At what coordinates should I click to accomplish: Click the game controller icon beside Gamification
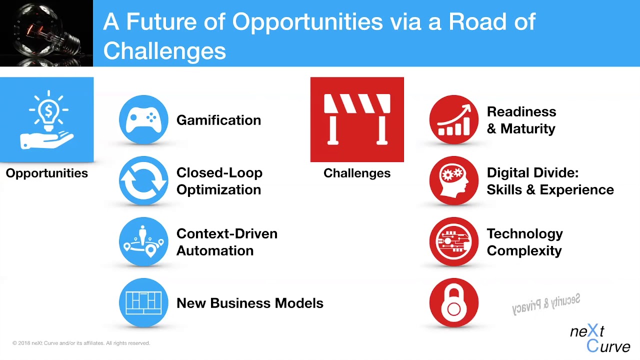pos(143,120)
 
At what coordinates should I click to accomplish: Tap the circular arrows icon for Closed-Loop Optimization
pos(143,181)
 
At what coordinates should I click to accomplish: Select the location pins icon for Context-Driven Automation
pos(143,242)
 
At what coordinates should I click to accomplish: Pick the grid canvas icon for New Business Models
pos(143,303)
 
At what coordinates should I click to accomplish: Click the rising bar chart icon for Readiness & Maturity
pos(454,120)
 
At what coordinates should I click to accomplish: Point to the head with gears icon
pos(454,181)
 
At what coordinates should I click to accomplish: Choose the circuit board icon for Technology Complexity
pos(454,242)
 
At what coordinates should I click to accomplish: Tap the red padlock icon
pos(454,303)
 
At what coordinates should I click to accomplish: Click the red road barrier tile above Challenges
pos(357,119)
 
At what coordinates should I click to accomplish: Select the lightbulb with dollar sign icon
pos(46,119)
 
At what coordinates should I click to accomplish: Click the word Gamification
pos(218,120)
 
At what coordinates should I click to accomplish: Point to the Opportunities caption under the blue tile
pos(46,173)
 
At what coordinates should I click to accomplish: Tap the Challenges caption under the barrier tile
pos(357,173)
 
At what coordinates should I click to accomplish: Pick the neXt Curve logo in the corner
pos(599,338)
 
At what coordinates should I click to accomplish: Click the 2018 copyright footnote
pos(81,343)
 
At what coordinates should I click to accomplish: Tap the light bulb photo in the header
pos(46,33)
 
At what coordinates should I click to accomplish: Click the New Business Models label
pos(249,303)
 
